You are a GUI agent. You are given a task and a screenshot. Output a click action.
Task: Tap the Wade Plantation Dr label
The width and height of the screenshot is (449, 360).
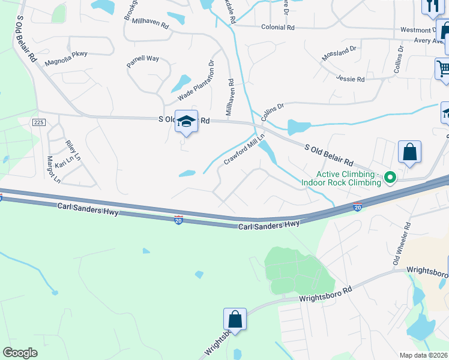(196, 81)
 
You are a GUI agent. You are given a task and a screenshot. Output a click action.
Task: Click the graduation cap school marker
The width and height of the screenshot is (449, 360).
(186, 121)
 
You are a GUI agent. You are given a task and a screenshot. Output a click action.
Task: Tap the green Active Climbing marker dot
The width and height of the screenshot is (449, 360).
(390, 177)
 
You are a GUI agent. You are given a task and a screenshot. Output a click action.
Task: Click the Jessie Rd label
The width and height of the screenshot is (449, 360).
(351, 79)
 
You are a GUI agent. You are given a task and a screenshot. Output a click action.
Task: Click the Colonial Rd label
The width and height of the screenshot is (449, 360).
(277, 28)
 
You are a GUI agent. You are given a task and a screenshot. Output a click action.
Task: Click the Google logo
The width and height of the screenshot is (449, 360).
(20, 353)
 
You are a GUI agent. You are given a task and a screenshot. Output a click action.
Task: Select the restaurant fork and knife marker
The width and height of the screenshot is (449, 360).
(432, 6)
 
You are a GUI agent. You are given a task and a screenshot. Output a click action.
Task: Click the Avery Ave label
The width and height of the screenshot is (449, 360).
(427, 41)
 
